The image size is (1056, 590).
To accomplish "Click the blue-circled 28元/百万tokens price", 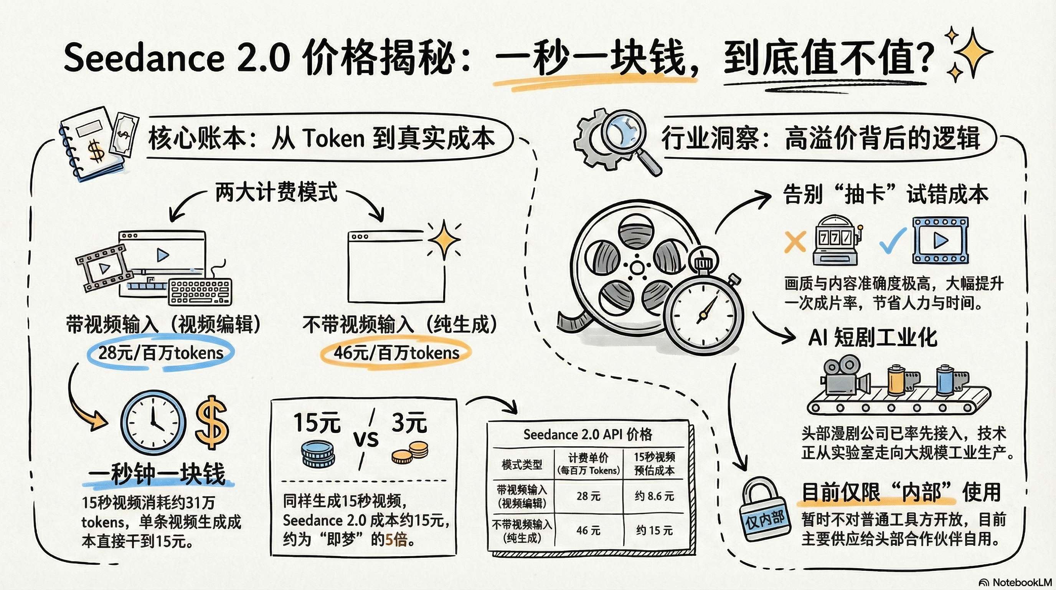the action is coord(161,353).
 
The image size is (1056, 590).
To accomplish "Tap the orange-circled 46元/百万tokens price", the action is coord(396,353).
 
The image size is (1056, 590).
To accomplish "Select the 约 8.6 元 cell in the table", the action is coord(654,496).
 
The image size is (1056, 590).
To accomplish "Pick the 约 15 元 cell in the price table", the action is coord(654,530).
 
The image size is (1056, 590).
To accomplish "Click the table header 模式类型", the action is coord(522,464).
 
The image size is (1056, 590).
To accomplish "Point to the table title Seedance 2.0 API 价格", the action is coord(587,434).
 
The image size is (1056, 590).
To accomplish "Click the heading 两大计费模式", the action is coord(276,192).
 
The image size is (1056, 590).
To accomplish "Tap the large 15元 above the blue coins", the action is coord(317,423).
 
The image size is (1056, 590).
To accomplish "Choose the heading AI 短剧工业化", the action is coord(872,338).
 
